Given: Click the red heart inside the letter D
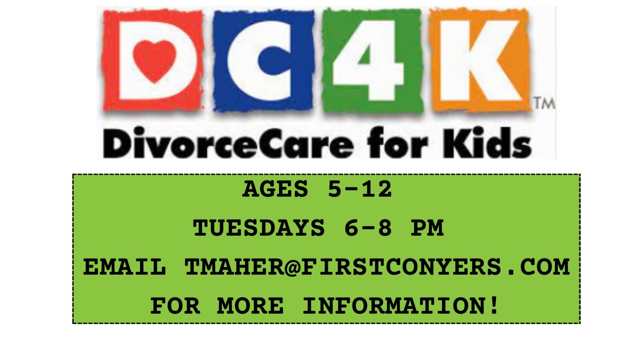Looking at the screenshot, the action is [x=155, y=61].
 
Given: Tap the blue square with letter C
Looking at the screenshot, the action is [x=263, y=60].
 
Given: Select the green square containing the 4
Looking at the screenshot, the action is [x=372, y=60].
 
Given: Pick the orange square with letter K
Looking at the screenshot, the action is [x=480, y=60].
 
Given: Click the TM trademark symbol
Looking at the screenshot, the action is [x=544, y=103].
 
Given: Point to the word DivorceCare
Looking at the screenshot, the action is [x=229, y=143].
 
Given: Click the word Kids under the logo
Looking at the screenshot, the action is [x=487, y=143].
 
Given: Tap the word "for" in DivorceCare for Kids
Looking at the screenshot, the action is [x=398, y=143].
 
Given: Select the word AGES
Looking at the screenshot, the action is [x=275, y=189].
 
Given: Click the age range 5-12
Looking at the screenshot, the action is [x=360, y=189].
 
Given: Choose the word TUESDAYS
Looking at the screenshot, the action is [x=259, y=228].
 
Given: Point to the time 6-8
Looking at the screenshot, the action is [x=368, y=228].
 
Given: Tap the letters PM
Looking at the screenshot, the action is [x=427, y=228].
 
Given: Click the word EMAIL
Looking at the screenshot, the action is [x=124, y=267].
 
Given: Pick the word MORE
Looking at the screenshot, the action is [x=251, y=306].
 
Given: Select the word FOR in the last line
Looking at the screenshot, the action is [x=175, y=306].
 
